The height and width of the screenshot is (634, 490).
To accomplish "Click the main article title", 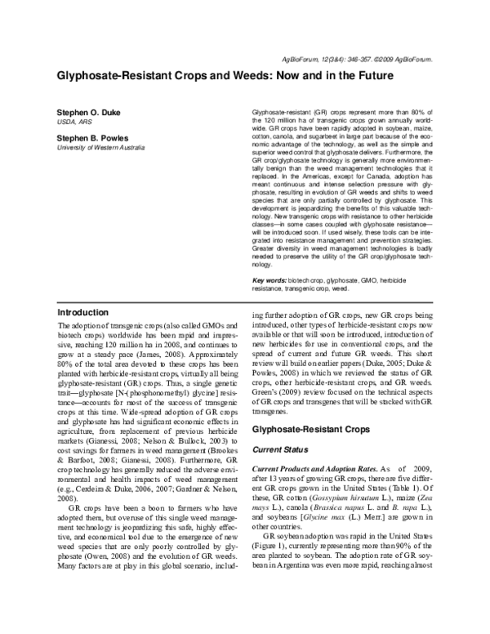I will pyautogui.click(x=225, y=76).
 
